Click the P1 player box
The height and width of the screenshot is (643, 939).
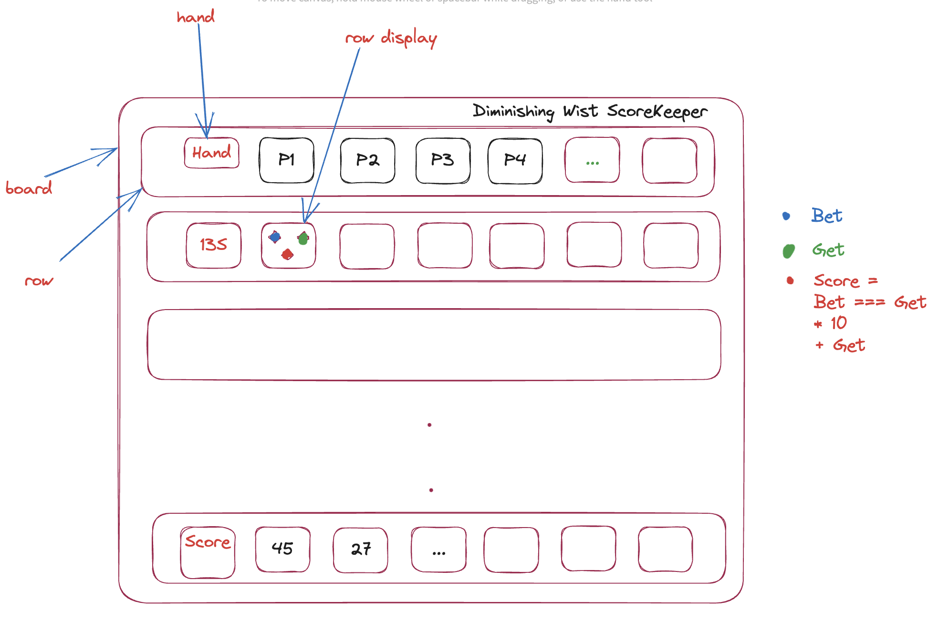pos(286,160)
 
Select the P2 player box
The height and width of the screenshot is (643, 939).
pos(367,160)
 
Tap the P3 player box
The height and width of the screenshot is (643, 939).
pos(443,160)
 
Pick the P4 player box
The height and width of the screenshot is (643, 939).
pos(515,160)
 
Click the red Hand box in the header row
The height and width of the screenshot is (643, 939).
pos(211,153)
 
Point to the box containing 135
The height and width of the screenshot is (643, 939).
pos(213,245)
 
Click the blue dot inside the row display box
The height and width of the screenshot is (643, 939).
pos(275,237)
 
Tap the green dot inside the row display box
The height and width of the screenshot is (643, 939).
pos(303,238)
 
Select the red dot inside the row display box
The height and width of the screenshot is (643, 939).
pos(287,254)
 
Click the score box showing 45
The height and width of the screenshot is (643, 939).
pos(282,549)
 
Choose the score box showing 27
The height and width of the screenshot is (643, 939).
pos(361,550)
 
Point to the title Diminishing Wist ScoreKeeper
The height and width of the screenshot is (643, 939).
pos(590,112)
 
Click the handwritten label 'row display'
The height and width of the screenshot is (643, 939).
pos(391,38)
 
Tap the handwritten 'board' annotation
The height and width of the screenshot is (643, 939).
pos(29,188)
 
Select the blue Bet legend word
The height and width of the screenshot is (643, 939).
pos(826,216)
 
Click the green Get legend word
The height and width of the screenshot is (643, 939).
pos(828,250)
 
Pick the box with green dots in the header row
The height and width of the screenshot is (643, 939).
pos(592,160)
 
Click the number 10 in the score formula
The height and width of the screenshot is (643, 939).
pos(838,323)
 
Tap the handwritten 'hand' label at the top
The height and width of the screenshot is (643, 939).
pos(196,17)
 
